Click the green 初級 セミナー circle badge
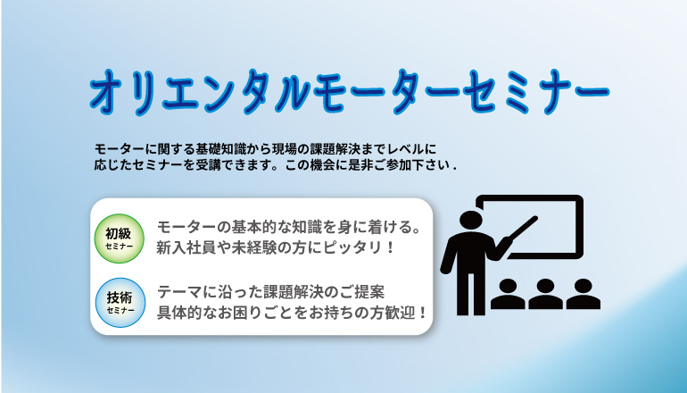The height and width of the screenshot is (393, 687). tap(120, 238)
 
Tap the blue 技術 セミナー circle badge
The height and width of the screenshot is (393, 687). tap(120, 302)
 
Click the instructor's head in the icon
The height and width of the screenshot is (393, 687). tap(471, 222)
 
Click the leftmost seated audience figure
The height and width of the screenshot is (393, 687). tap(508, 294)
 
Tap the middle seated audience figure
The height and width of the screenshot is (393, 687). tap(545, 294)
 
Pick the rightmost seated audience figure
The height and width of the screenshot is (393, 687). tap(584, 294)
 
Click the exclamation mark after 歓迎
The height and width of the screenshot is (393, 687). tap(422, 314)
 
